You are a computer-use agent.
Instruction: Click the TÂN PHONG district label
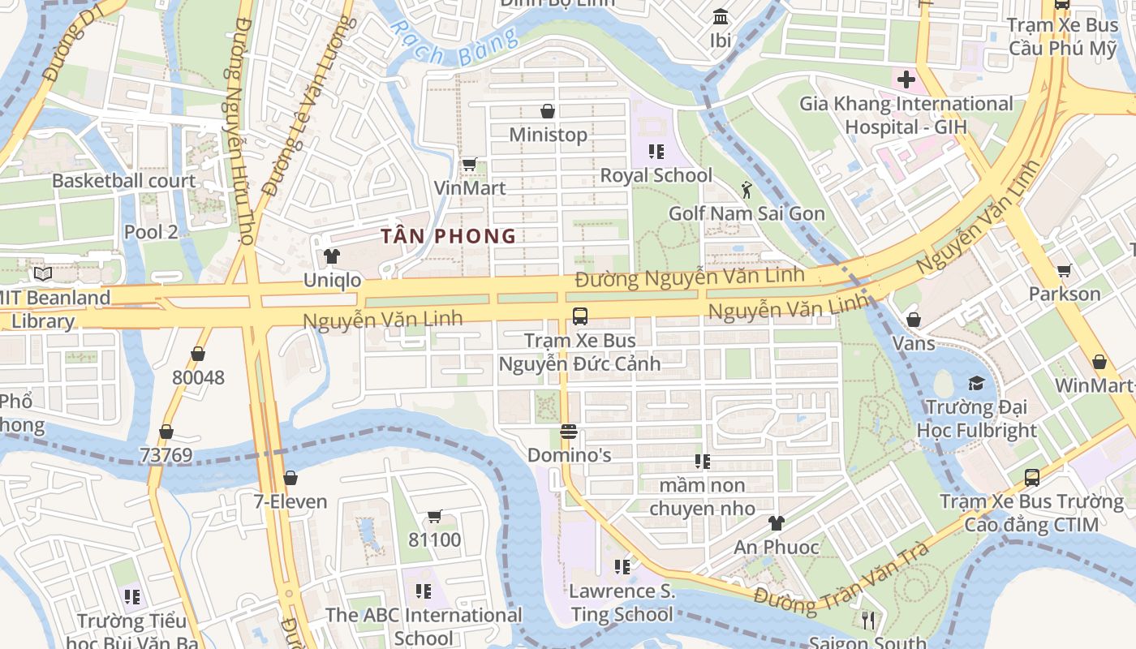[x=449, y=236]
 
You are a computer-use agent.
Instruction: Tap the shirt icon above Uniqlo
[x=332, y=257]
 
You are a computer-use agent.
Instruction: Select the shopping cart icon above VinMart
[x=469, y=165]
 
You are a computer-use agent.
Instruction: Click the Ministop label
[x=548, y=134]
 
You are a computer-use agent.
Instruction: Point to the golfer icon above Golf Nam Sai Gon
[x=747, y=190]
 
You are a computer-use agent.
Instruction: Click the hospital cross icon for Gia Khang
[x=906, y=80]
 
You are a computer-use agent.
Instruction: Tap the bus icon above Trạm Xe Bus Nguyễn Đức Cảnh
[x=579, y=316]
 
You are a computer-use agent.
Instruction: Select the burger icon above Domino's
[x=568, y=431]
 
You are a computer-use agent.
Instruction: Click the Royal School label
[x=656, y=175]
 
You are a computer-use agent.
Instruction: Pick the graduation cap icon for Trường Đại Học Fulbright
[x=976, y=383]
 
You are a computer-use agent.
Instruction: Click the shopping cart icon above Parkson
[x=1064, y=270]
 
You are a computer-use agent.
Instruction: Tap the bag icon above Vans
[x=914, y=320]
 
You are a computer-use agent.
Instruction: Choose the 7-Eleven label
[x=290, y=501]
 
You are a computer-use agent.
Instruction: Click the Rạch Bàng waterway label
[x=454, y=45]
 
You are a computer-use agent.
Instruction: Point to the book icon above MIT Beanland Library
[x=42, y=274]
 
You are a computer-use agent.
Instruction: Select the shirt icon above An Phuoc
[x=777, y=523]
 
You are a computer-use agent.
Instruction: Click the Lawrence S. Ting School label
[x=622, y=603]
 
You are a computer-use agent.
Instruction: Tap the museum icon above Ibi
[x=720, y=16]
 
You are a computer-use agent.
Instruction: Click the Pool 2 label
[x=151, y=232]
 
